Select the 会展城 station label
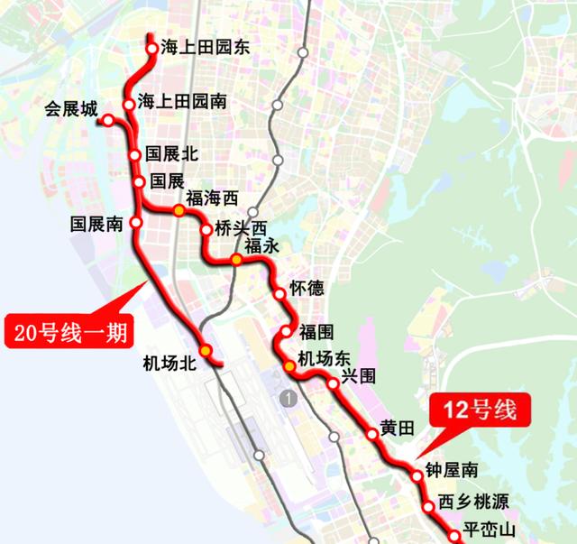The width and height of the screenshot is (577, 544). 71,110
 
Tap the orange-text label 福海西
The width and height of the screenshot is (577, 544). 212,198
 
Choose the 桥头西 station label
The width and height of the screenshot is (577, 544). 243,228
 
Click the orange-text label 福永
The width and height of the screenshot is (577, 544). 263,245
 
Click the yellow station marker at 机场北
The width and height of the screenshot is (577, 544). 206,350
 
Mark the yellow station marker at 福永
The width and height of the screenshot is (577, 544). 236,260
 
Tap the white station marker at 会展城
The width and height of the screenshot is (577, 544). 107,120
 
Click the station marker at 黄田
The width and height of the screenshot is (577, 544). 371,435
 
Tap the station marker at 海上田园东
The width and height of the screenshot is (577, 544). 151,49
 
